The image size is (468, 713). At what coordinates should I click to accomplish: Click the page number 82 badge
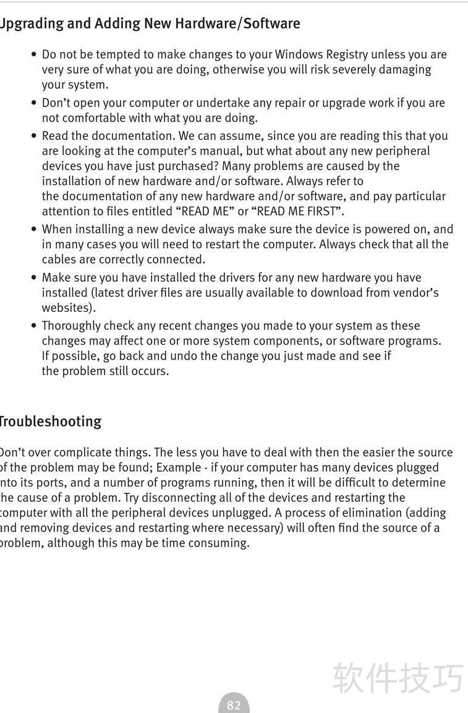tap(234, 705)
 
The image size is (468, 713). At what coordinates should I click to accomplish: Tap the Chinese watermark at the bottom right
tap(398, 678)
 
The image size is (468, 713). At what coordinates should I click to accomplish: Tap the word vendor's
tap(415, 293)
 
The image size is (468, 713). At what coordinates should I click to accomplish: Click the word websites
tap(67, 308)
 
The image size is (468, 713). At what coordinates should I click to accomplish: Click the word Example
tap(179, 467)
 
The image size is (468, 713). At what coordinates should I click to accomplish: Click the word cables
tap(59, 259)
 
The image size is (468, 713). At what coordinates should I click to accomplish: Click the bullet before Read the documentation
tap(33, 136)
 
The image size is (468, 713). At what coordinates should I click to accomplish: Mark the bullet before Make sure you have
tap(33, 277)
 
